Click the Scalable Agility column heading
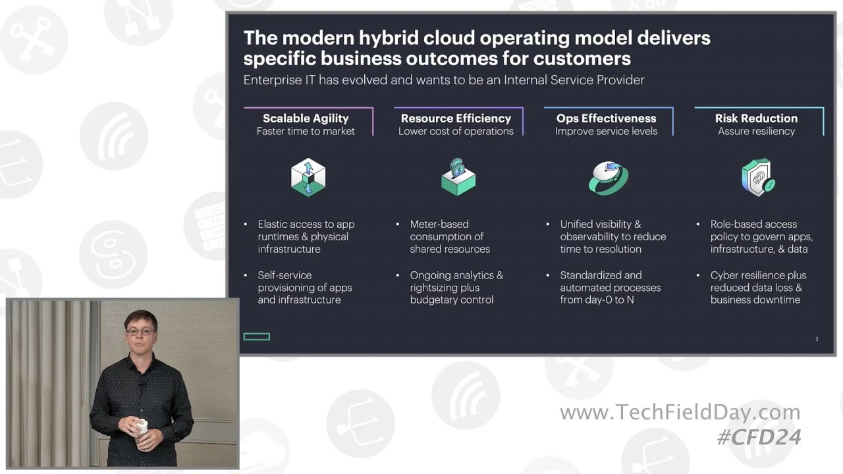[x=306, y=118]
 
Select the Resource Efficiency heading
[x=456, y=118]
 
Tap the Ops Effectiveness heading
[x=606, y=118]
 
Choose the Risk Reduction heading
[x=756, y=118]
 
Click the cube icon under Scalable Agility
[x=308, y=178]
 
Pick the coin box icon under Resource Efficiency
[x=458, y=177]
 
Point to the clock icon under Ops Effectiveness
[x=608, y=178]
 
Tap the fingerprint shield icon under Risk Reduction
[x=758, y=177]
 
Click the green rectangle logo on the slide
[x=257, y=337]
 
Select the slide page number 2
[x=817, y=339]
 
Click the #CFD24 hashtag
[x=759, y=437]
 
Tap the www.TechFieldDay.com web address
[x=680, y=413]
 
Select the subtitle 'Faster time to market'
[x=306, y=132]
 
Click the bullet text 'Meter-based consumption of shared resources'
[x=449, y=236]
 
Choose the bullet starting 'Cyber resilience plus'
[x=757, y=288]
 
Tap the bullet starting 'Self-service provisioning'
[x=304, y=288]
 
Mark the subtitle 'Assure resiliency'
[x=756, y=132]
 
